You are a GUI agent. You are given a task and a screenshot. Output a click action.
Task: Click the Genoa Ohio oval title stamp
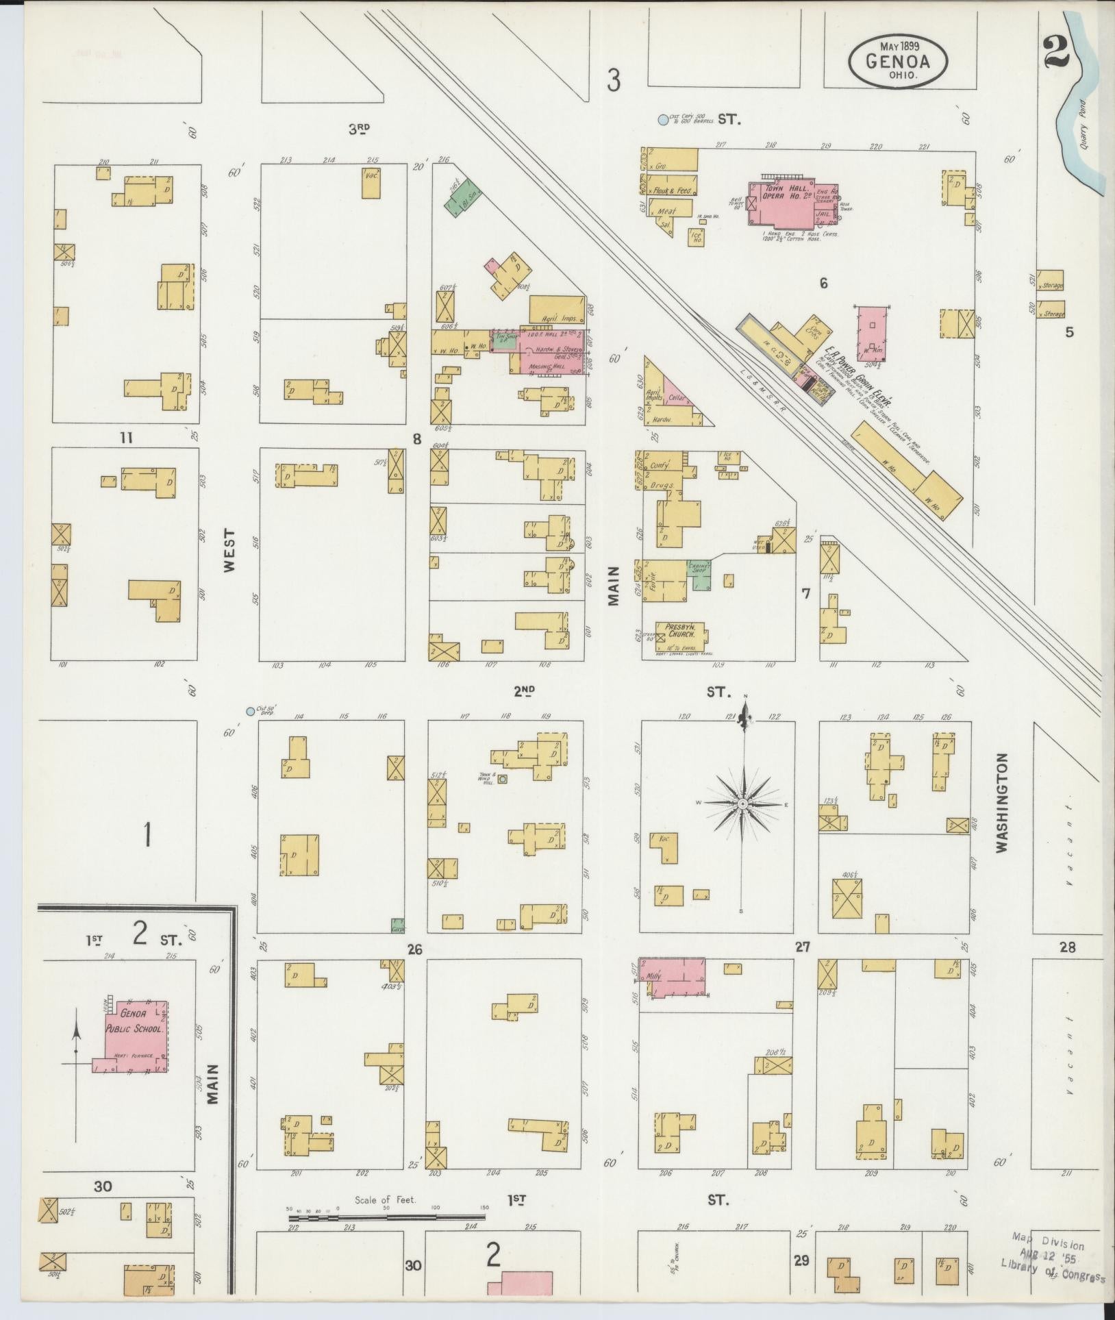pos(898,62)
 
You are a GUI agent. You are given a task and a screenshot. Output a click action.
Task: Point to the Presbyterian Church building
pos(681,635)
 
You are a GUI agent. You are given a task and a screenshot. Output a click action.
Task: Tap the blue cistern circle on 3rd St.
pos(662,120)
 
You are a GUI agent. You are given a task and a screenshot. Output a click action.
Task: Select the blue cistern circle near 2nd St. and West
pos(250,712)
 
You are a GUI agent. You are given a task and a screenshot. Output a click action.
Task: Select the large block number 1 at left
pos(146,835)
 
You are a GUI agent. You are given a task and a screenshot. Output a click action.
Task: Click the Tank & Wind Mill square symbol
pos(503,779)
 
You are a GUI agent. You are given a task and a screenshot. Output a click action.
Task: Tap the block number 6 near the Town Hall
pos(823,283)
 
